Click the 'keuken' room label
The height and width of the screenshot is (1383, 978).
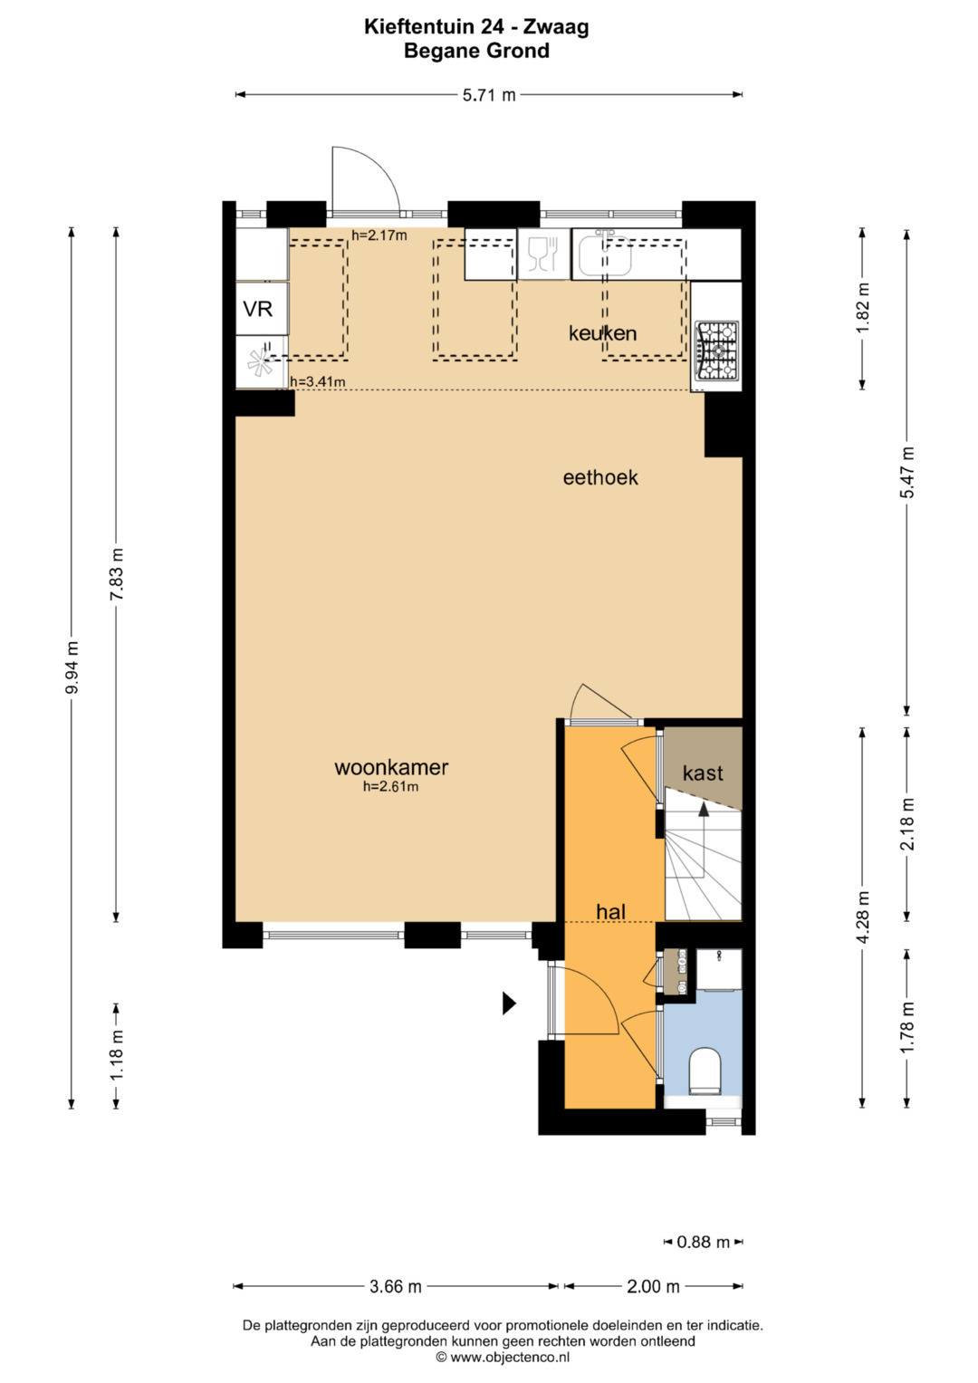pos(602,333)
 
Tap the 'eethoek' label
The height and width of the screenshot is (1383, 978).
pos(600,477)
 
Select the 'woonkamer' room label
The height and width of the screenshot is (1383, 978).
pos(391,767)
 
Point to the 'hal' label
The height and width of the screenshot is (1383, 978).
pos(610,911)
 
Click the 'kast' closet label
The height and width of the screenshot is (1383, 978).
pos(703,773)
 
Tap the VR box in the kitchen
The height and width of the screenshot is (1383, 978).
pos(258,309)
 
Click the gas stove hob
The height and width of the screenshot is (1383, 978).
pos(717,351)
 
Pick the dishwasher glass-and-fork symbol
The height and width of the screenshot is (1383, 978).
pos(543,255)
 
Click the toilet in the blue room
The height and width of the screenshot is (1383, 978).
pos(705,1071)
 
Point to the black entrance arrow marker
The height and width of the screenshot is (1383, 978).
pos(509,1004)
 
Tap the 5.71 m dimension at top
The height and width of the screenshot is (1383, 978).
pos(489,95)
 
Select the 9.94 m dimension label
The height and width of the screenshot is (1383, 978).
pos(72,667)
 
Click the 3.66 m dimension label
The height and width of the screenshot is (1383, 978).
pos(395,1287)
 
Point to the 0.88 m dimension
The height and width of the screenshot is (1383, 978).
pos(704,1242)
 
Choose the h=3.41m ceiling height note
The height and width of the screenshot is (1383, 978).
pos(317,382)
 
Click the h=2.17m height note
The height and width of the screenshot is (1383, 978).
pos(379,235)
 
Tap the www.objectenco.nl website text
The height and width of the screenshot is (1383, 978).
pos(510,1357)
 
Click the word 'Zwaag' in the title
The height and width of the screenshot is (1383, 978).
pos(556,27)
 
